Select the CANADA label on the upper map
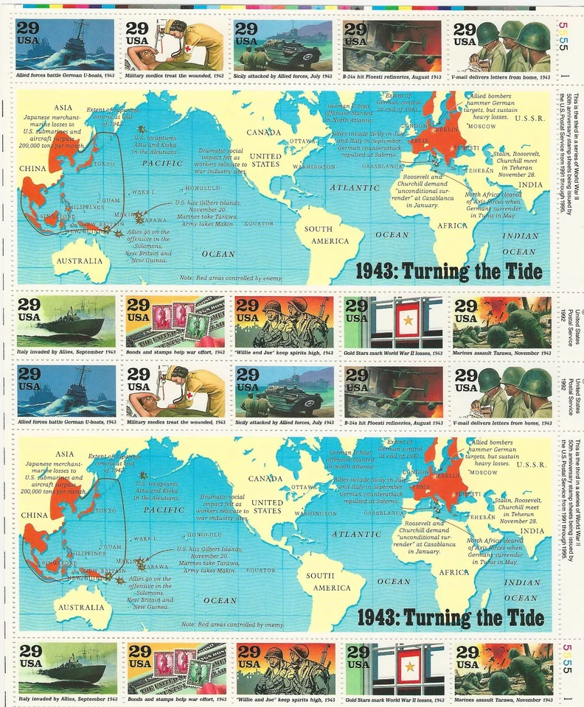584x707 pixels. pos(265,133)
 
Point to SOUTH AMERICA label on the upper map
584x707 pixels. pos(329,235)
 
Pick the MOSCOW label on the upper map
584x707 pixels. pos(482,126)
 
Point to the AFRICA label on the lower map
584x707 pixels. pos(454,572)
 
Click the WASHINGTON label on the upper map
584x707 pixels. pos(314,167)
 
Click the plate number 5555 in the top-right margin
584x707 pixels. pos(564,38)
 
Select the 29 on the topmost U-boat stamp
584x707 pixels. pos(29,29)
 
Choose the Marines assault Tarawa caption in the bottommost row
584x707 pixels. pos(503,698)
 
